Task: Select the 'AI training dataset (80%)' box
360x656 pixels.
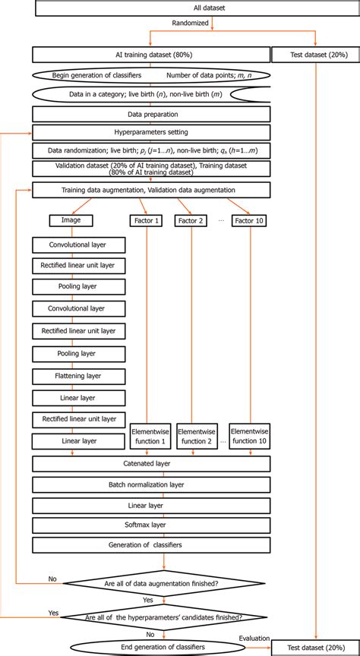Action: pyautogui.click(x=150, y=55)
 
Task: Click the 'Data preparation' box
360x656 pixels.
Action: pyautogui.click(x=150, y=113)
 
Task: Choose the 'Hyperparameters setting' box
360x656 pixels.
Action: pyautogui.click(x=150, y=132)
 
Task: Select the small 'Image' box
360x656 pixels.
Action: pyautogui.click(x=71, y=221)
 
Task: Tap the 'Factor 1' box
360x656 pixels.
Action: pyautogui.click(x=146, y=221)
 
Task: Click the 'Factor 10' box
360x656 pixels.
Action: pyautogui.click(x=250, y=221)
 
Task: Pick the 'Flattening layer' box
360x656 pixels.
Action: pyautogui.click(x=76, y=375)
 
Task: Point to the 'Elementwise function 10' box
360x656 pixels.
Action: pyautogui.click(x=250, y=436)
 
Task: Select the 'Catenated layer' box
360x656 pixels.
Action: pyautogui.click(x=150, y=463)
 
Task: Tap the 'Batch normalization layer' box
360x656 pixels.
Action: pyautogui.click(x=150, y=484)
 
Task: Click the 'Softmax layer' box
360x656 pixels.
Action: pyautogui.click(x=150, y=524)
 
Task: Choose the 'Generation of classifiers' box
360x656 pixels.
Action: pyautogui.click(x=150, y=544)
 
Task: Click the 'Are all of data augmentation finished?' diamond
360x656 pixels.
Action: pyautogui.click(x=163, y=583)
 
